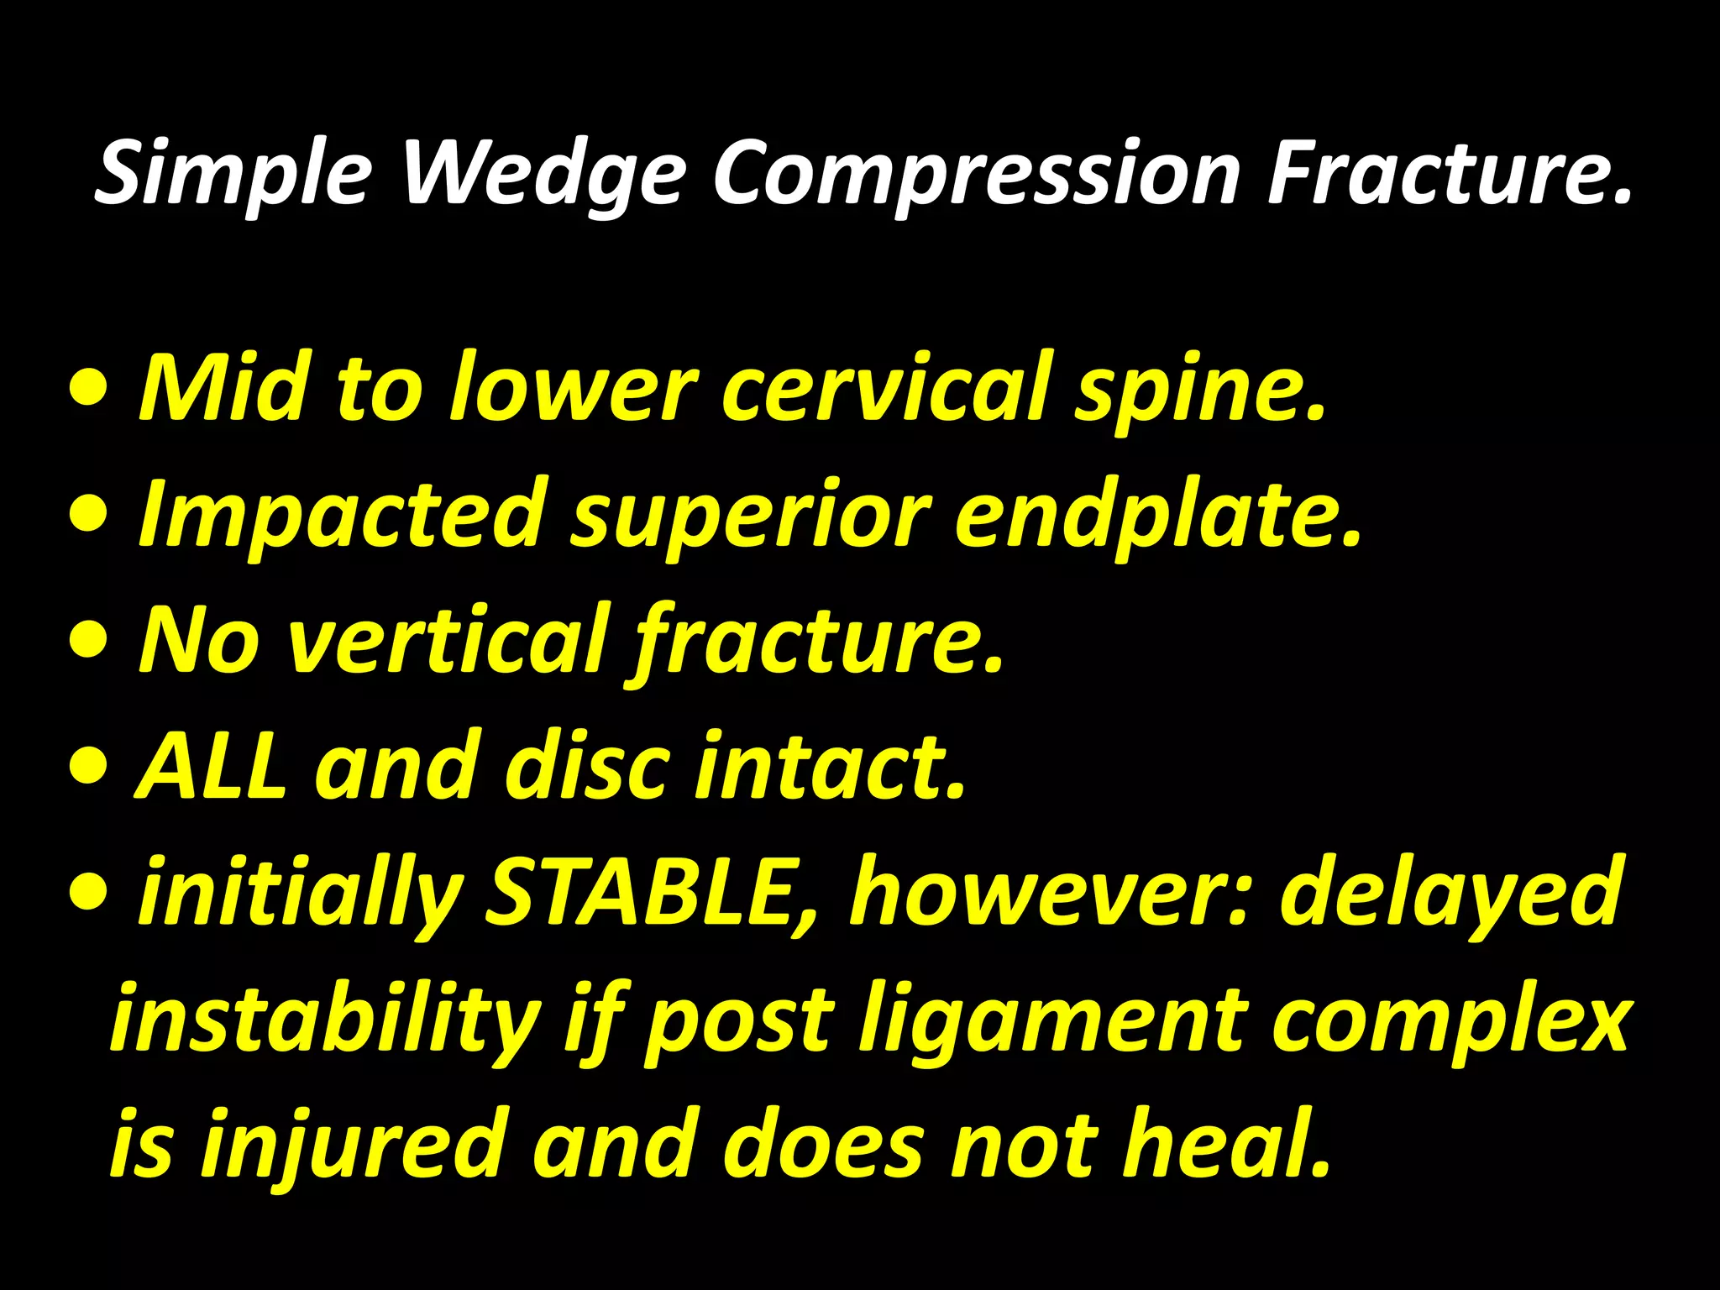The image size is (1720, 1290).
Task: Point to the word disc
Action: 587,766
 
